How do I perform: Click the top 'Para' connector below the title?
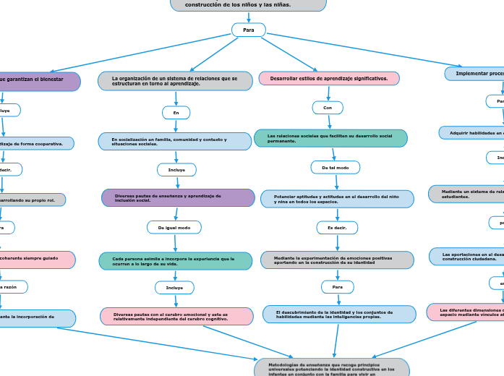[248, 30]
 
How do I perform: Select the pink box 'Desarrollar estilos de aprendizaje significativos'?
[329, 78]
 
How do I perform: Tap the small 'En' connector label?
[176, 113]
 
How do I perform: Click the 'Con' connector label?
[328, 108]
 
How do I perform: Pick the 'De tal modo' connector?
[335, 168]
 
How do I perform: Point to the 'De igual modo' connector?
[174, 227]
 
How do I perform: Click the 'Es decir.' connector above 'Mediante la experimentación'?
[337, 228]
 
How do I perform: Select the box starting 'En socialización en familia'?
[175, 141]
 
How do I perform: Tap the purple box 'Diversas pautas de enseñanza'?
[178, 197]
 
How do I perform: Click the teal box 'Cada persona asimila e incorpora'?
[176, 261]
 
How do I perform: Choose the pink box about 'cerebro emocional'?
[176, 316]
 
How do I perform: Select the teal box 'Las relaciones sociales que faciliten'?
[330, 138]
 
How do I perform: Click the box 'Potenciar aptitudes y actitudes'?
[337, 199]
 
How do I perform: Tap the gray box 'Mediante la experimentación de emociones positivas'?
[337, 260]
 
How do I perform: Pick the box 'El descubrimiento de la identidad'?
[338, 315]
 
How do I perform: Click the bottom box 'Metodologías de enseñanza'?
[332, 367]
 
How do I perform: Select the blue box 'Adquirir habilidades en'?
[471, 133]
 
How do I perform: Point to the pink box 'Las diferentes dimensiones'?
[466, 312]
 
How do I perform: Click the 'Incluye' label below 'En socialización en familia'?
[176, 170]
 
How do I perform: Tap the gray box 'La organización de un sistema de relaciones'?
[175, 81]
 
